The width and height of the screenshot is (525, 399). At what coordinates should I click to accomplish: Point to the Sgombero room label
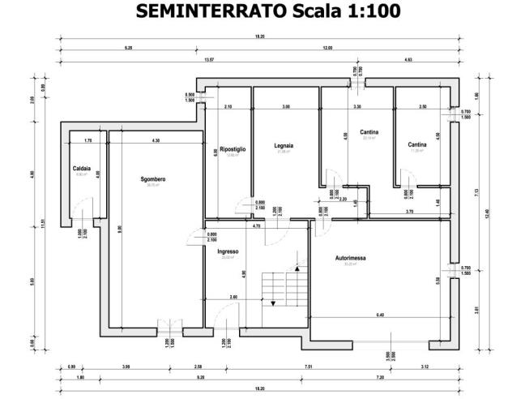coord(152,178)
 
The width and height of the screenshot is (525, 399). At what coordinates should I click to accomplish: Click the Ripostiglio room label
coord(233,149)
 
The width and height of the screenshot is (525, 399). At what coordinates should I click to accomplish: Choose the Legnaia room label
coord(283,146)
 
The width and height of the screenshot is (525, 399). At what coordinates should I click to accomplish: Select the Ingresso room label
coord(228,251)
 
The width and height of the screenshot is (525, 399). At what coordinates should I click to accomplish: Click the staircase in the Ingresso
coord(280,289)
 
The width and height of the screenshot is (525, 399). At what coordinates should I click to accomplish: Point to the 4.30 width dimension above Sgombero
coord(156,141)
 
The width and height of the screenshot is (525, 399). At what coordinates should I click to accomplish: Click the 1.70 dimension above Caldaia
coord(87,141)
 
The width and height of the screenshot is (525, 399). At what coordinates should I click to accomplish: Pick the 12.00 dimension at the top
coord(327,49)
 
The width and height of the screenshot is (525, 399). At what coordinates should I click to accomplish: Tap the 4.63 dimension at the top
coord(407,59)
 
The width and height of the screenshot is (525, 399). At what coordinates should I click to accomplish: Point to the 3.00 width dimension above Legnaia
coord(286,107)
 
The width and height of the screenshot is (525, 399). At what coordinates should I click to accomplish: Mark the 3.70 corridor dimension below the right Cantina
coord(410,212)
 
